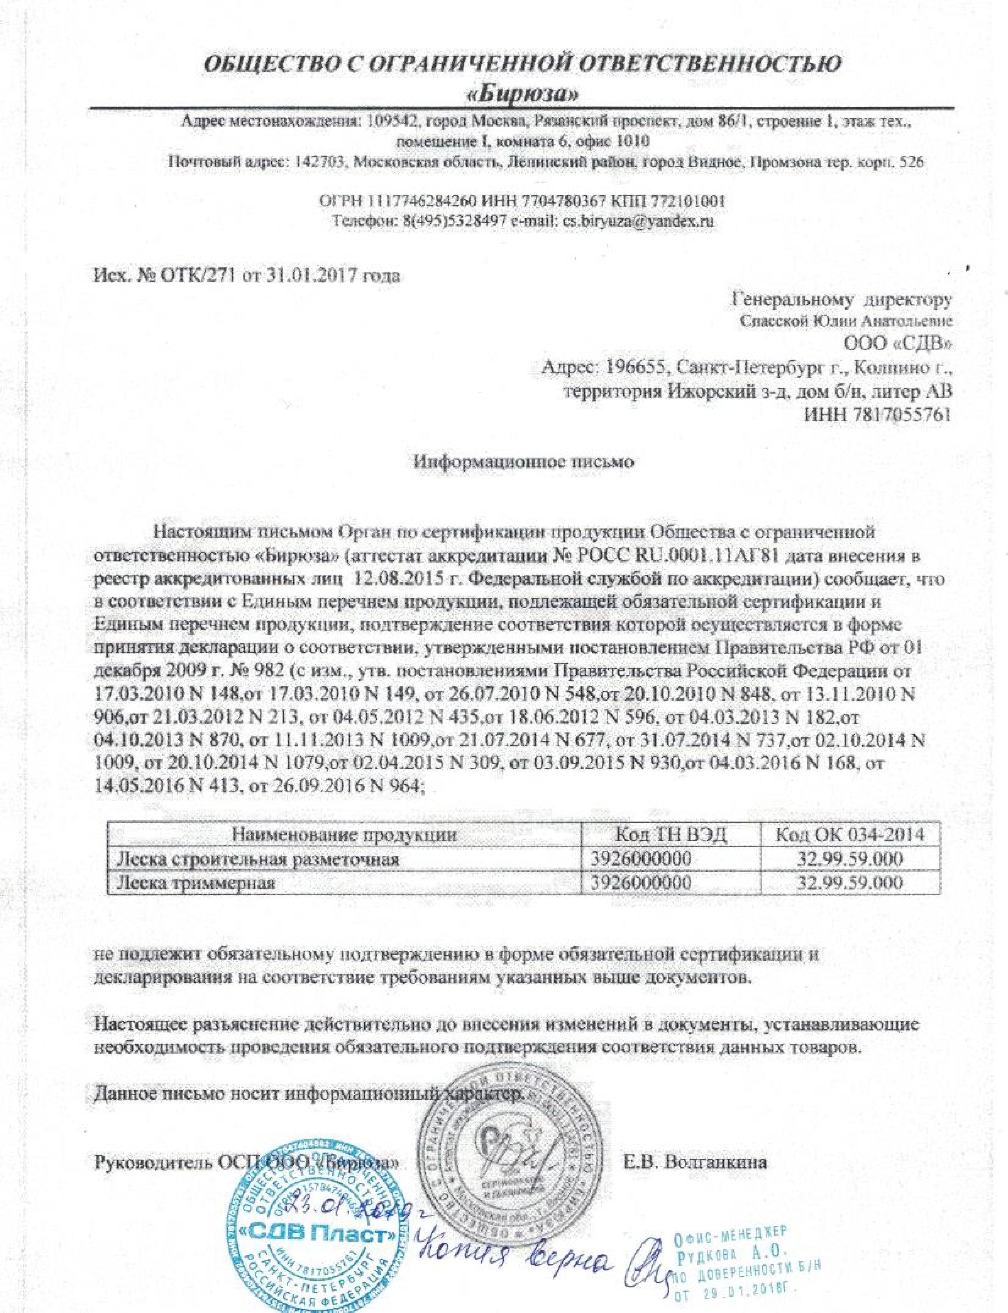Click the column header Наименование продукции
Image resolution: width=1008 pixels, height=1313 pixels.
345,834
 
